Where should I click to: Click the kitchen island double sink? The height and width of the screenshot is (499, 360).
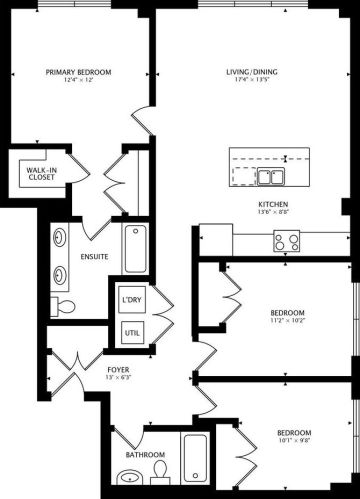click(x=269, y=177)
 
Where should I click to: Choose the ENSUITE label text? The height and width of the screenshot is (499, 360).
click(x=96, y=255)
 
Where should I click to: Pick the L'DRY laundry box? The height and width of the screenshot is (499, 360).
click(x=130, y=300)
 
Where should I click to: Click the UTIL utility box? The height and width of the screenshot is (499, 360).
click(x=130, y=333)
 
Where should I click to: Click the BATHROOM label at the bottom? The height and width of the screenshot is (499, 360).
click(x=145, y=455)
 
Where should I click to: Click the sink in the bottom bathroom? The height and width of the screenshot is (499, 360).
click(x=127, y=483)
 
